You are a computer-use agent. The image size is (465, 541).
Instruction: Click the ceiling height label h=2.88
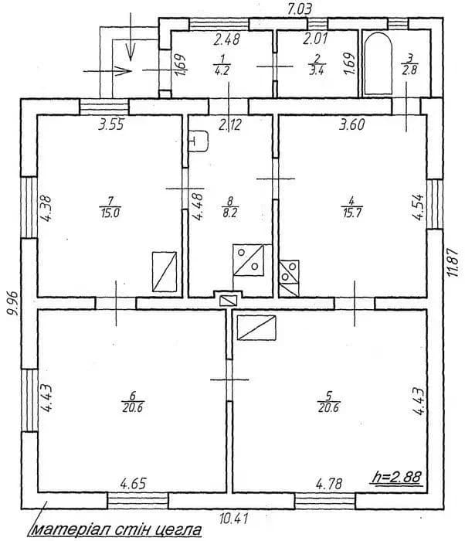(397, 477)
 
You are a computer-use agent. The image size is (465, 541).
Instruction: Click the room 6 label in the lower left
(133, 402)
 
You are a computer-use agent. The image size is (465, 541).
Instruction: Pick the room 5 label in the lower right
(329, 402)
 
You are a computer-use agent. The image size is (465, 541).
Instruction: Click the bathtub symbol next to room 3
(378, 63)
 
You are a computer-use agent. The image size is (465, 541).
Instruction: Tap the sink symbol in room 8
(199, 141)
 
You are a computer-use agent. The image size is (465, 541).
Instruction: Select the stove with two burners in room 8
(249, 260)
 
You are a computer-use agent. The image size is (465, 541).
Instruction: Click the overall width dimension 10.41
(233, 518)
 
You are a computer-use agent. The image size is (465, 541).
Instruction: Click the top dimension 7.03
(300, 9)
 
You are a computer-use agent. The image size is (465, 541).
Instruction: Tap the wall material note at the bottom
(116, 529)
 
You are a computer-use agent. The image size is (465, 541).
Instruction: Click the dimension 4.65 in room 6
(134, 483)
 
